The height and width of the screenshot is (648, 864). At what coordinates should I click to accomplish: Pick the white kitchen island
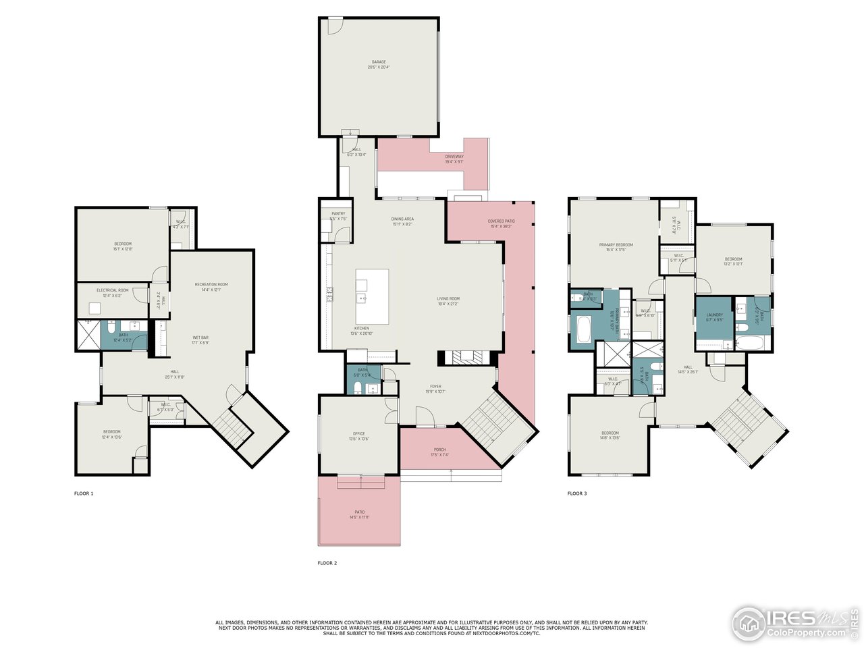[x=372, y=296]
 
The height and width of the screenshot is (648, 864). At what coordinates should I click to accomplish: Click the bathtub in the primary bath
[x=582, y=331]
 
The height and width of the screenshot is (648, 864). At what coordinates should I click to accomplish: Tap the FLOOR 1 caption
[x=84, y=493]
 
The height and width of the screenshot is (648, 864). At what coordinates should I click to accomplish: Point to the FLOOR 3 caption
[x=577, y=493]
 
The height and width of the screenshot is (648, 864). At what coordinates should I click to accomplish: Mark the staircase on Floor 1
[x=232, y=426]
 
